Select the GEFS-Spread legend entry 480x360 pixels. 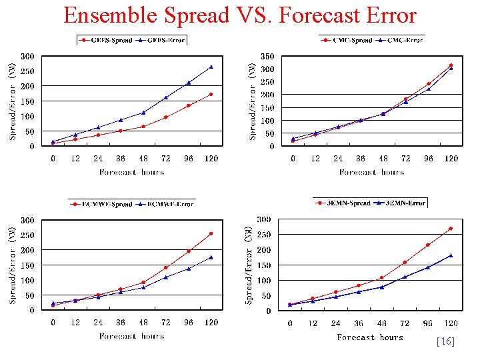(107, 40)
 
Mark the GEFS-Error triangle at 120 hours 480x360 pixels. (211, 67)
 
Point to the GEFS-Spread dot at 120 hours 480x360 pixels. (211, 94)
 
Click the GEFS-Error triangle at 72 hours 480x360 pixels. (166, 97)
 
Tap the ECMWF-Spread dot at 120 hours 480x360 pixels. (211, 233)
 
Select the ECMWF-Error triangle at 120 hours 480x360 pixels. (211, 257)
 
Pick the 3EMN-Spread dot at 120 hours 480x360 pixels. (451, 229)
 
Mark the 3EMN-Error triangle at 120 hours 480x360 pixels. (451, 255)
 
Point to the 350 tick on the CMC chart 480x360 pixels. (267, 57)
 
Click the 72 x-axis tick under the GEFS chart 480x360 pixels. (166, 159)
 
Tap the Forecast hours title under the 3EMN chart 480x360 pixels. (370, 337)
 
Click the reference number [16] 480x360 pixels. (445, 341)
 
